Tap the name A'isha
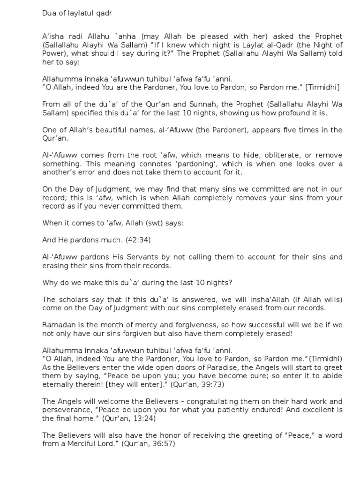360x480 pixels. click(52, 37)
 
